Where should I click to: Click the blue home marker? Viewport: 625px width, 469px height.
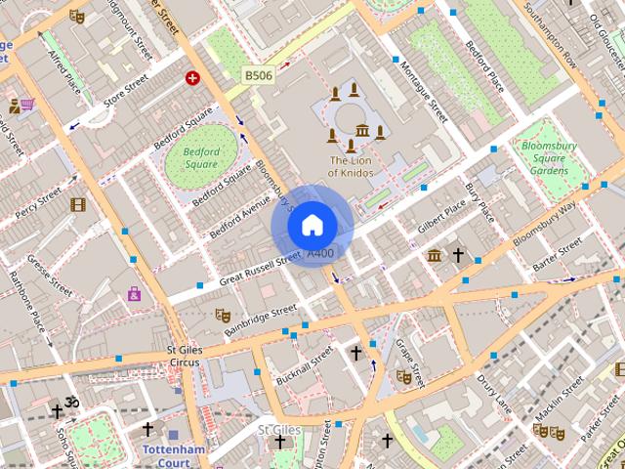[x=312, y=226]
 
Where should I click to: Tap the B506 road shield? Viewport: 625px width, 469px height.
[x=259, y=75]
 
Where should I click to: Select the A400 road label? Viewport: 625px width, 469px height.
[x=320, y=253]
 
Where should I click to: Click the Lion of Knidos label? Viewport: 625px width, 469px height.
[x=351, y=166]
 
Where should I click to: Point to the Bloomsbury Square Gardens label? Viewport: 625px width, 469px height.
[x=549, y=157]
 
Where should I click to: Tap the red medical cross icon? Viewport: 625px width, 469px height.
[x=192, y=77]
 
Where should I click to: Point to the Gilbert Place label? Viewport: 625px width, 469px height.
[x=441, y=216]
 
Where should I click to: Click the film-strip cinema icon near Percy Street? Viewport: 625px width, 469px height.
[x=78, y=204]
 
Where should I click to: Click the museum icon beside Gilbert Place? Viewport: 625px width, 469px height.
[x=434, y=256]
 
